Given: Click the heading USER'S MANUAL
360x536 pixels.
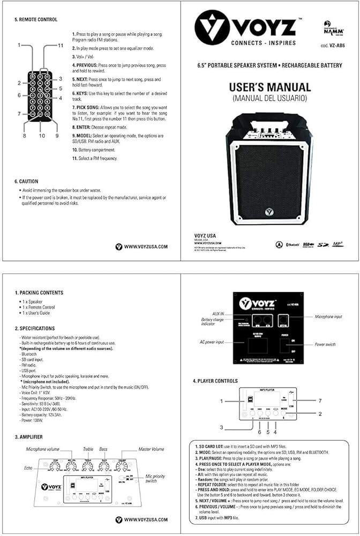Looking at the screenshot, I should (x=270, y=87).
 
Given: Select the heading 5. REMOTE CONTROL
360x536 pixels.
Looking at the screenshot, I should (x=36, y=20).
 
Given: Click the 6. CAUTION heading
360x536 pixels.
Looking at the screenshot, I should (x=27, y=182).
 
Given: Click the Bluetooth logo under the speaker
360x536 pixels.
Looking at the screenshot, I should (x=292, y=245).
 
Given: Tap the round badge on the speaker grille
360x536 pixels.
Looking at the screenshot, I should (x=269, y=211).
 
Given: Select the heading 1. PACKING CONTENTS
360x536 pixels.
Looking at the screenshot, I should (x=39, y=293).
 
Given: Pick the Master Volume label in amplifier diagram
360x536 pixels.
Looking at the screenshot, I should (x=152, y=449).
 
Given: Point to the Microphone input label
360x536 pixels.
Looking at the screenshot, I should (x=328, y=317).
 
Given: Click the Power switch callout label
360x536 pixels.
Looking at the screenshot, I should (x=325, y=344).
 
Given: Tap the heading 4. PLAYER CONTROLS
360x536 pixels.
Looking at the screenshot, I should (x=215, y=381).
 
